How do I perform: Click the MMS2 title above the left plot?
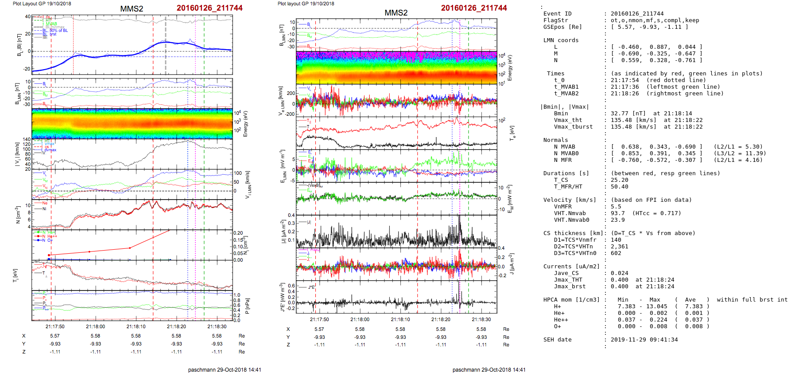[132, 9]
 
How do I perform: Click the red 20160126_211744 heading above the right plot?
[473, 8]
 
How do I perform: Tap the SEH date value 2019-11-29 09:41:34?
[644, 340]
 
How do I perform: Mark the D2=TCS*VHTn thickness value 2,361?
[619, 247]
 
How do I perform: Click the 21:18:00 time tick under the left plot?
[95, 326]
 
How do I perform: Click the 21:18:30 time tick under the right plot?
[481, 319]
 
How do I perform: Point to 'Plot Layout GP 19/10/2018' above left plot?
[42, 4]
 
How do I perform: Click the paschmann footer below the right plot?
[489, 369]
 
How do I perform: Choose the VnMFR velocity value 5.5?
[616, 207]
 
